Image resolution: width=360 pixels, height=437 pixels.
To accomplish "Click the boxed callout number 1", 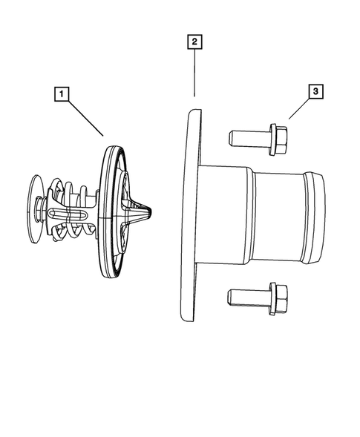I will [61, 94].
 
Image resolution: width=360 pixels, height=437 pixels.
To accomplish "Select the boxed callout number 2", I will [193, 42].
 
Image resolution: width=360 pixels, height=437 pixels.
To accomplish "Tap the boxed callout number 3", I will [315, 91].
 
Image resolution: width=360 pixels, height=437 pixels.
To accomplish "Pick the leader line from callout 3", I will [299, 108].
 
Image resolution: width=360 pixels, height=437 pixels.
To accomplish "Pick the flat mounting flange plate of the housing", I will [190, 215].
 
